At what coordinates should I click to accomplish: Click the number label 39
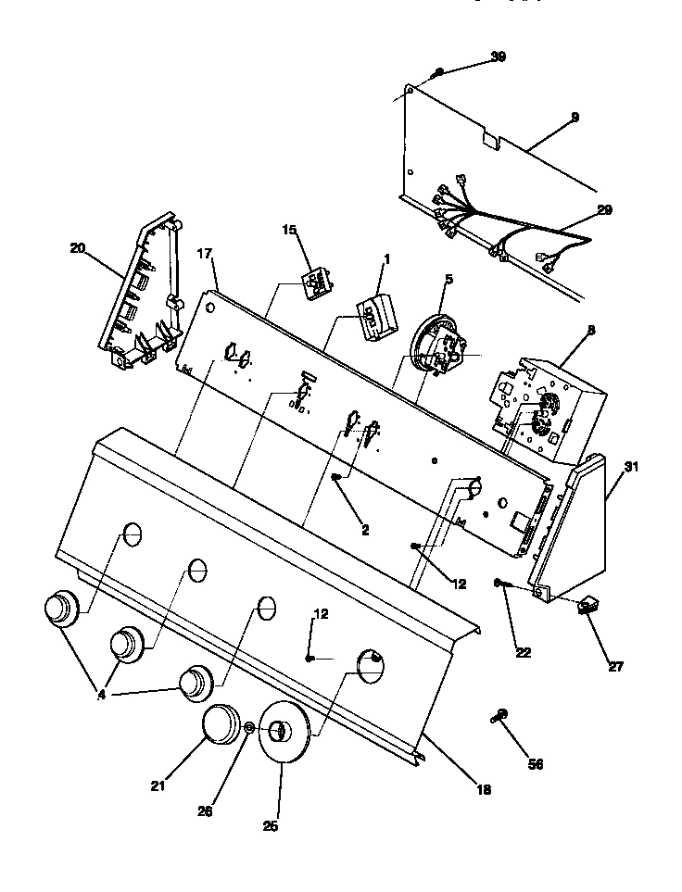(x=498, y=57)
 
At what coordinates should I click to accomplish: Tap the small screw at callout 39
(x=439, y=72)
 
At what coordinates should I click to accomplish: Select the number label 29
(x=603, y=210)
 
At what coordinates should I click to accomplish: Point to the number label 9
(x=575, y=118)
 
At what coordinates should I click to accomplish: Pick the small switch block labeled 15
(x=317, y=283)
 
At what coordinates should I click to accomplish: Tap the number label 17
(x=207, y=252)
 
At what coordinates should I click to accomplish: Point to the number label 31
(x=631, y=467)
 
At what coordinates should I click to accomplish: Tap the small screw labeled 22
(x=499, y=583)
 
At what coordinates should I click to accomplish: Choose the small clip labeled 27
(x=587, y=608)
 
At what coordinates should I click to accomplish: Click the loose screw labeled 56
(x=501, y=714)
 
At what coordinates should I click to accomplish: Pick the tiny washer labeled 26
(x=250, y=730)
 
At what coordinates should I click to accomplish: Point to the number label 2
(x=364, y=530)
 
